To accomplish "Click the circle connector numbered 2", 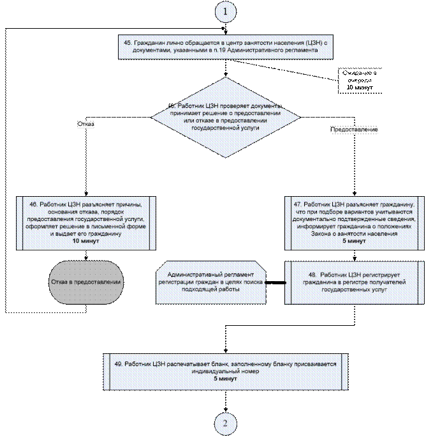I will (225, 423).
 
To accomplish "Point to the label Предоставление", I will (354, 130).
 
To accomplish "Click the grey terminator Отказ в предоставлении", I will (87, 282).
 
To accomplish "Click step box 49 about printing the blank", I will (226, 371).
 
